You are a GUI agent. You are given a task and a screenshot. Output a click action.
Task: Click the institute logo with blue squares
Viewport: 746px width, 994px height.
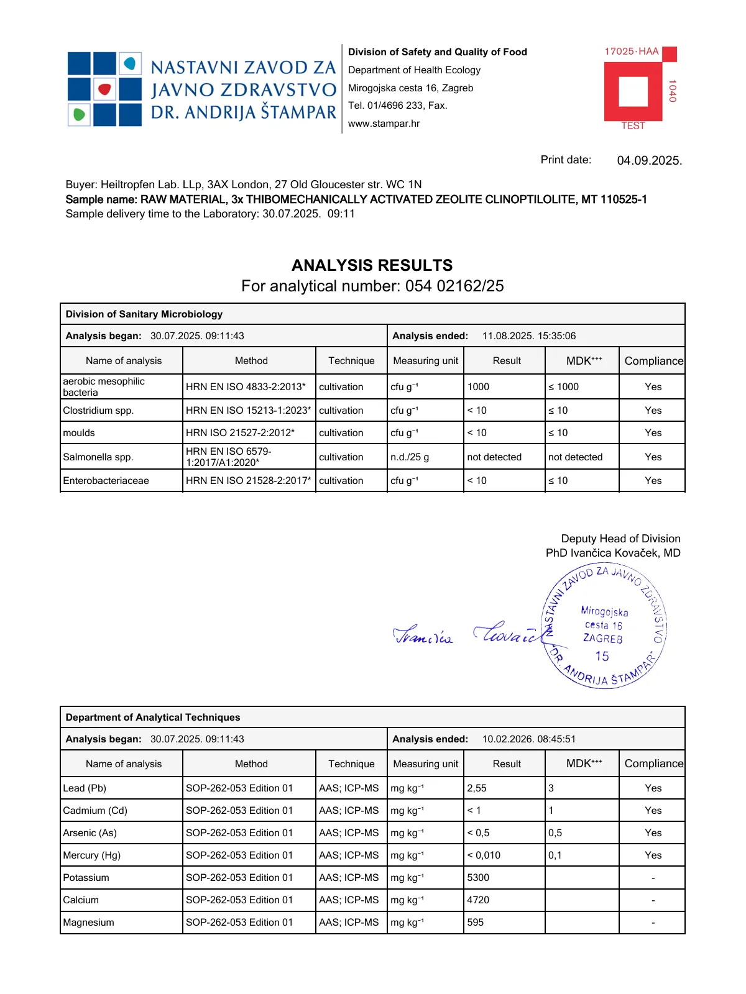pos(104,89)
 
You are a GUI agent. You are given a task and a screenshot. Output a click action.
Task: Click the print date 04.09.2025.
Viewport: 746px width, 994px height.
pos(649,161)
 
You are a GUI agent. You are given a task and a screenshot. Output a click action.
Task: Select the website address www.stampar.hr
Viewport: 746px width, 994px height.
pos(384,124)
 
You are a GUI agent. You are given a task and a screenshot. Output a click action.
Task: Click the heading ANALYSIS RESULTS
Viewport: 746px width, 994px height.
pos(372,265)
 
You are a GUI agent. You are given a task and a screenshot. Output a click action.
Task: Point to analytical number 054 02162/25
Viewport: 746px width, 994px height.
pos(454,286)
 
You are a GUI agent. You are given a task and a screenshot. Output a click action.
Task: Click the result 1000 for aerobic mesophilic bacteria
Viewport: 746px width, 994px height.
pos(478,387)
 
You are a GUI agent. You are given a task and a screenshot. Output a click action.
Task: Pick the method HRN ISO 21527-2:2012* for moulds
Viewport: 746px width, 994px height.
pos(240,433)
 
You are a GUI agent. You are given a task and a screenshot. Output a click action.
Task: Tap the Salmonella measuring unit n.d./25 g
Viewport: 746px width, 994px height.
pos(409,457)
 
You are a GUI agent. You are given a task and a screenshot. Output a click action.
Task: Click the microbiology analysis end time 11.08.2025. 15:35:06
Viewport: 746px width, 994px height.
pos(528,336)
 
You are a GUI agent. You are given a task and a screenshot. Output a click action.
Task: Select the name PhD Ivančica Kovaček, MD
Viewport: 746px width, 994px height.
pos(613,553)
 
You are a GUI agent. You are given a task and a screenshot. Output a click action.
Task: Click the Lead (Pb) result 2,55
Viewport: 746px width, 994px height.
pos(477,788)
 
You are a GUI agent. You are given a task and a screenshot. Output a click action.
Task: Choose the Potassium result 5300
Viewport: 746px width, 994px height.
pos(478,878)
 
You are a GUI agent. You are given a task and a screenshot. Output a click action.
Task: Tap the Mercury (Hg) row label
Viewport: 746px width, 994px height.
pos(92,855)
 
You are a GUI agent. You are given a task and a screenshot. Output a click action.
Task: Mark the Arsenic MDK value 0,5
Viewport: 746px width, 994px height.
pos(555,833)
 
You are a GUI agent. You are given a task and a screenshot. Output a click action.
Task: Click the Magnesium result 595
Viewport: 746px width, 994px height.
pos(476,923)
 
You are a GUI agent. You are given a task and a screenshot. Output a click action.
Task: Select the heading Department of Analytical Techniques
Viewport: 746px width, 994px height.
pos(153,718)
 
